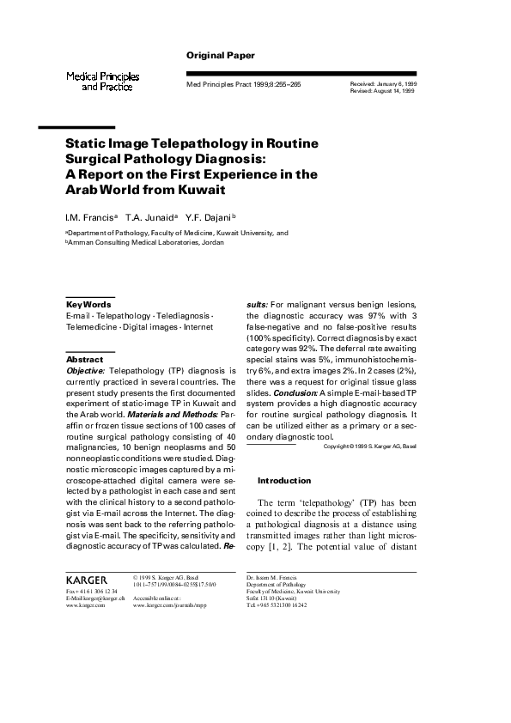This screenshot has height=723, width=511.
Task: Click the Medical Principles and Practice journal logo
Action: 103,82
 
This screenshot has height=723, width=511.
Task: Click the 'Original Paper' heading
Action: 221,55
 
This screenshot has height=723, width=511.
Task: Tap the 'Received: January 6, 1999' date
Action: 383,83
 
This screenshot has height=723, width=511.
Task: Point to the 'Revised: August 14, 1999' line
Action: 382,90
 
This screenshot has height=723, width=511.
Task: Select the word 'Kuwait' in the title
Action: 202,189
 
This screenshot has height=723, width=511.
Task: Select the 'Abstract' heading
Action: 84,359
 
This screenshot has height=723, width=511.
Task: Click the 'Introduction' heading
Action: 283,480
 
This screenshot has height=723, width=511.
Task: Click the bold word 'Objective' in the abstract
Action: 85,370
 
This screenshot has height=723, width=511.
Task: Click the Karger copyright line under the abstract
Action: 370,447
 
